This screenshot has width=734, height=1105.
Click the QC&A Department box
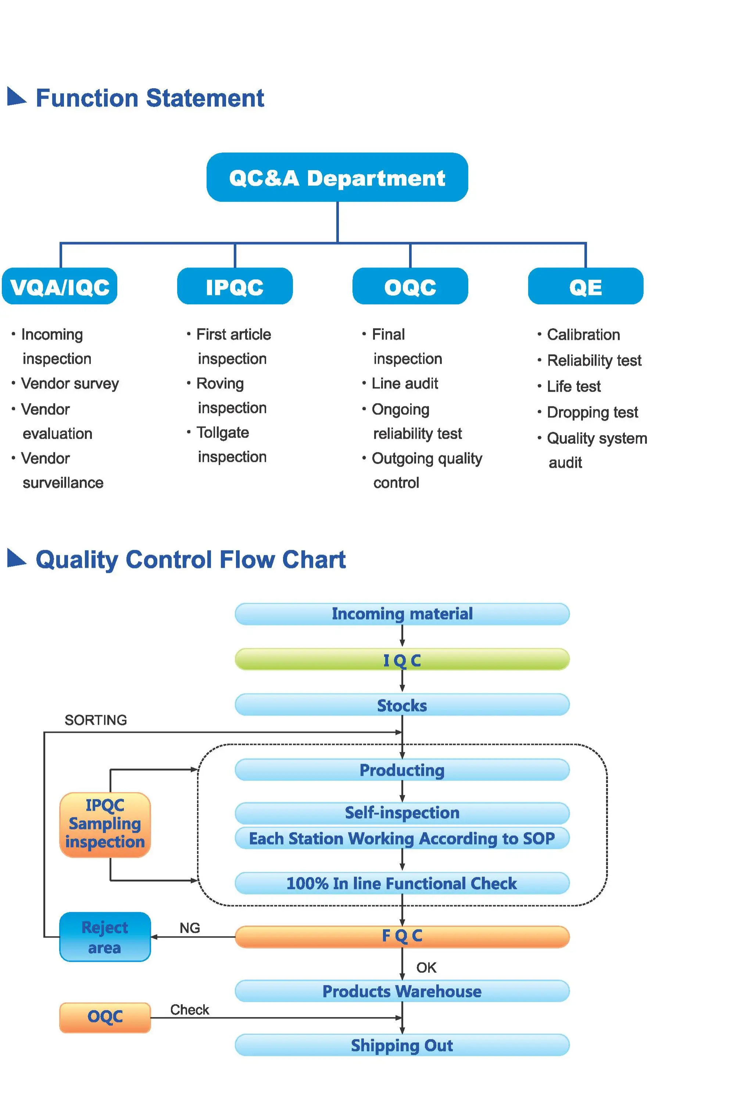[x=337, y=177]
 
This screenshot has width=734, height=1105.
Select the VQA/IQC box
[x=60, y=286]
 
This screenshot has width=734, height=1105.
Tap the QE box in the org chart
[x=585, y=286]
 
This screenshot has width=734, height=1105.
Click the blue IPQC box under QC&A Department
[x=234, y=286]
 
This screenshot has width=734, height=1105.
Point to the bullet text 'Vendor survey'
[x=70, y=384]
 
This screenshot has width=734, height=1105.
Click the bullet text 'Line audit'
[x=404, y=384]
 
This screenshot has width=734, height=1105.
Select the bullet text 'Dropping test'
[x=592, y=412]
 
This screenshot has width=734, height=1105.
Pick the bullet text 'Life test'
[x=573, y=387]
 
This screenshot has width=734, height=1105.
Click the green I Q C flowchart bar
[x=402, y=660]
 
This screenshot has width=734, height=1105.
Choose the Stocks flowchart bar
[x=402, y=705]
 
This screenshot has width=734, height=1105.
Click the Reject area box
[x=105, y=937]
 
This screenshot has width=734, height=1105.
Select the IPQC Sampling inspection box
[x=105, y=824]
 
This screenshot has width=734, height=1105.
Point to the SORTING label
[x=96, y=720]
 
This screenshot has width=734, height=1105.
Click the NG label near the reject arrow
[x=190, y=928]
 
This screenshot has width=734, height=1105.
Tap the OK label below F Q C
[x=426, y=968]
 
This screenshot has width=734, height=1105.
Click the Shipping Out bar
[x=402, y=1045]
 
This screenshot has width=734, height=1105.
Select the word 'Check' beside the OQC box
[x=190, y=1009]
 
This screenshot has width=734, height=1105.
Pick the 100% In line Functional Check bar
[x=402, y=883]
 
